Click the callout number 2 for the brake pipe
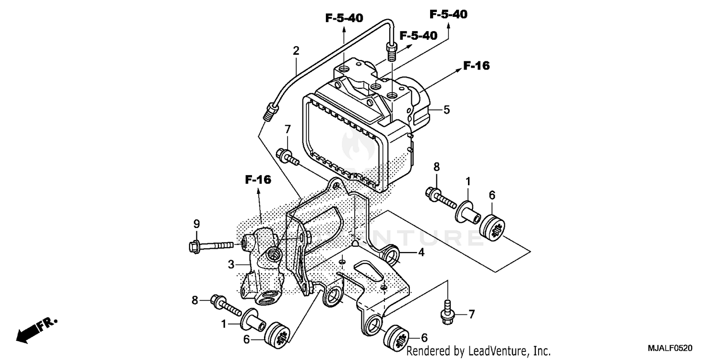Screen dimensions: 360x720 point(296,50)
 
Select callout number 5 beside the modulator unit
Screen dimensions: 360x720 point(446,110)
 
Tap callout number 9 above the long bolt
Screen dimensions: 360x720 point(196,224)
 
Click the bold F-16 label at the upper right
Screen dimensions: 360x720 point(476,66)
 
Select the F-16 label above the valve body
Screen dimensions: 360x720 point(258,180)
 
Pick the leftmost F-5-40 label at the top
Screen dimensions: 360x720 point(344,18)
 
